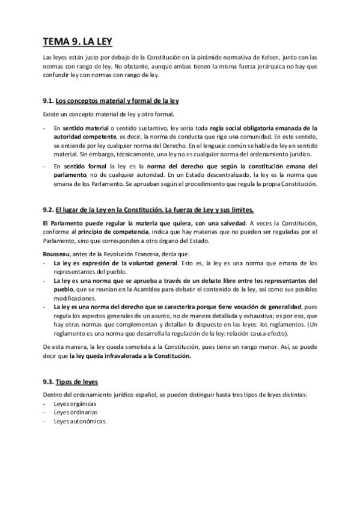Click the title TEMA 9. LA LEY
(x=77, y=41)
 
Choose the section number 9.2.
(x=49, y=210)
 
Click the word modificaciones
(x=75, y=298)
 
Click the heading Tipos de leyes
(x=77, y=382)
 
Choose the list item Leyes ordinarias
(x=76, y=413)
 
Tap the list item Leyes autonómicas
(x=80, y=422)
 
